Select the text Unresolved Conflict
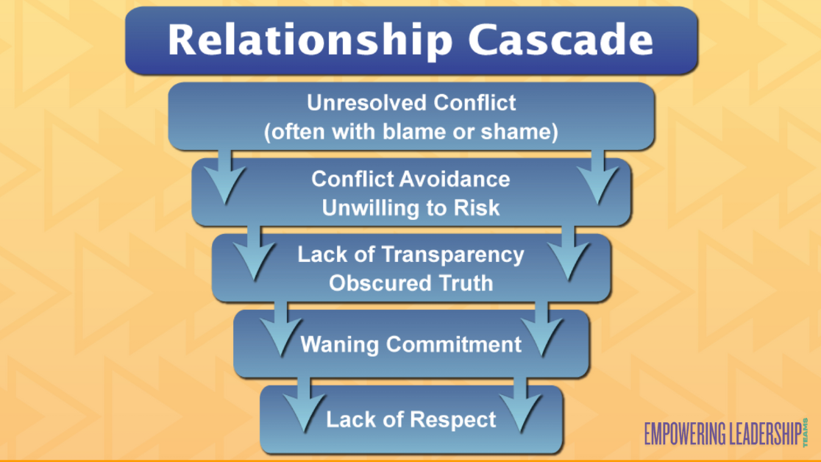click(x=411, y=103)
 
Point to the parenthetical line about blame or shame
click(x=411, y=132)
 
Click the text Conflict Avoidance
click(x=410, y=179)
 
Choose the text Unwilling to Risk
click(x=410, y=208)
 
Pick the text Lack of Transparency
click(x=410, y=255)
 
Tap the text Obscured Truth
click(x=410, y=283)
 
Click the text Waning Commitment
click(x=410, y=344)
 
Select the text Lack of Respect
click(x=411, y=420)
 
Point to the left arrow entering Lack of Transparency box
click(x=254, y=255)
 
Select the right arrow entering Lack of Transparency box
click(x=569, y=255)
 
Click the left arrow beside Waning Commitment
click(x=280, y=331)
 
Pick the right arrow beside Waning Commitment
click(x=544, y=331)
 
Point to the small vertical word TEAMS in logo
click(x=806, y=431)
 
